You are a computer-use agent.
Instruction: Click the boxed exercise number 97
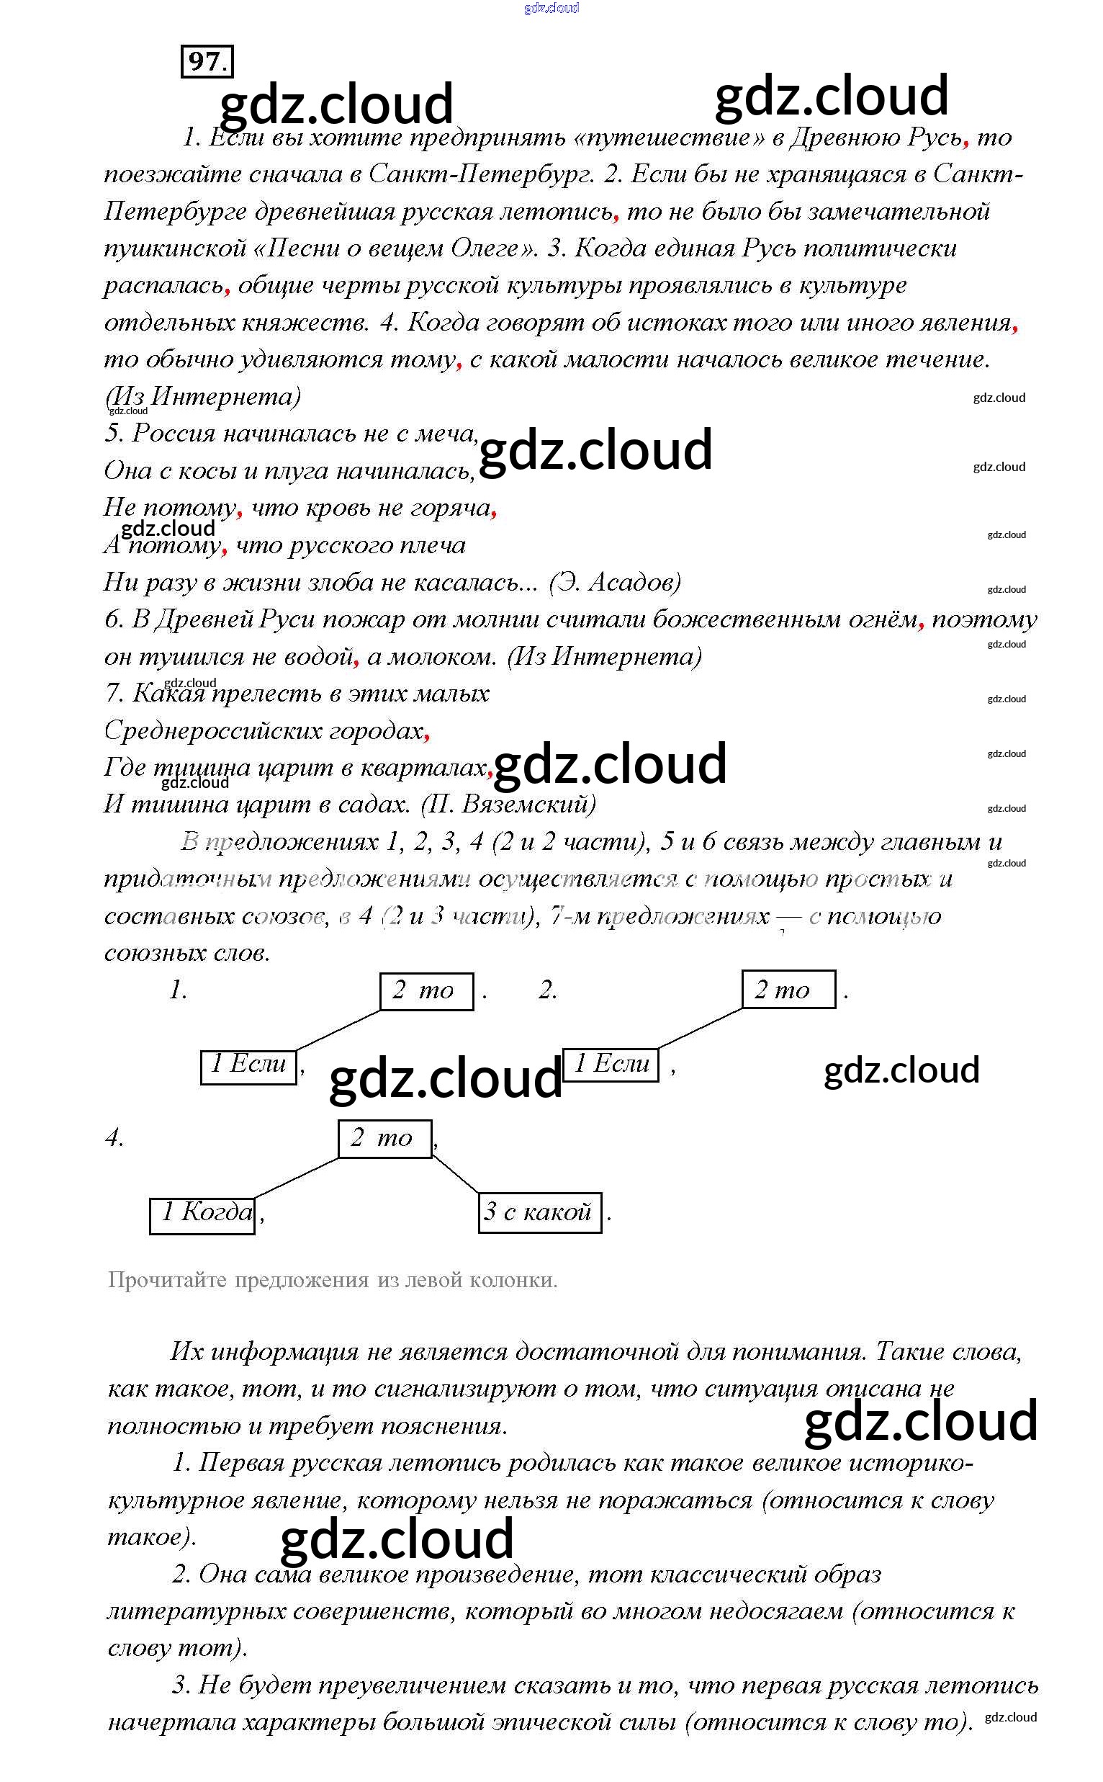click(x=207, y=61)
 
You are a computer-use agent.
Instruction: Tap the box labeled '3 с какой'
click(x=540, y=1212)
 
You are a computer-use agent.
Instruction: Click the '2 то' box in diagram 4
click(x=384, y=1138)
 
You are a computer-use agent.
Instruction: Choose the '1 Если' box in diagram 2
click(x=611, y=1065)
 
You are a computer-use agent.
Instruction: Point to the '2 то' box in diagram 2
click(x=788, y=990)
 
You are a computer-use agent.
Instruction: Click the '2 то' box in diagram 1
click(x=426, y=991)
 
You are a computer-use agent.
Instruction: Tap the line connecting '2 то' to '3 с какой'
click(x=456, y=1175)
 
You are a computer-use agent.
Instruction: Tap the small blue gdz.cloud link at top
click(x=551, y=8)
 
